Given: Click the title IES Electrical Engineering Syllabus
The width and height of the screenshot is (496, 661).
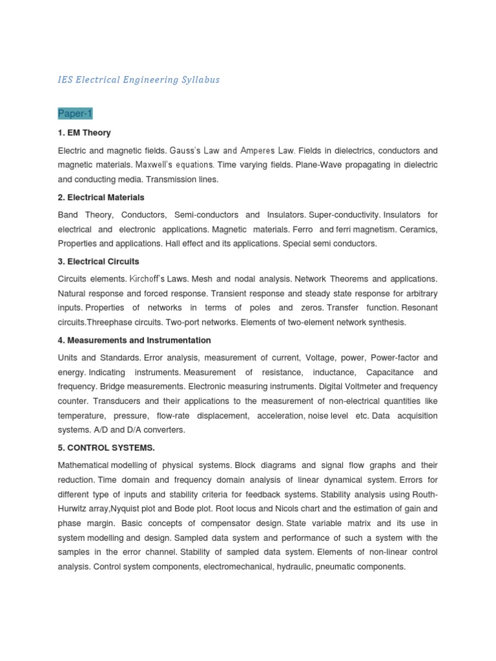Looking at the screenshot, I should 139,80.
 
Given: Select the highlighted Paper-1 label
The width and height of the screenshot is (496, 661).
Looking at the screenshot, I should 75,114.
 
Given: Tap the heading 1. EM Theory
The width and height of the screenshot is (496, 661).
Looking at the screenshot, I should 85,133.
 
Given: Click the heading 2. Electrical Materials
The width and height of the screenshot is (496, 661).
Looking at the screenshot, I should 101,198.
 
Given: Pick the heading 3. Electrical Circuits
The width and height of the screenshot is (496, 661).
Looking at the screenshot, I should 98,262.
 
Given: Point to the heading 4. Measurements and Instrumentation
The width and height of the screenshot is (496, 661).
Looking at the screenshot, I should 134,340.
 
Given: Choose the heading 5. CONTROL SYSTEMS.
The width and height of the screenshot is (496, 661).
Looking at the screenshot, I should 107,447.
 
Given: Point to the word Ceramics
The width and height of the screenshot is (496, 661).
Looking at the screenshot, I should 419,229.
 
